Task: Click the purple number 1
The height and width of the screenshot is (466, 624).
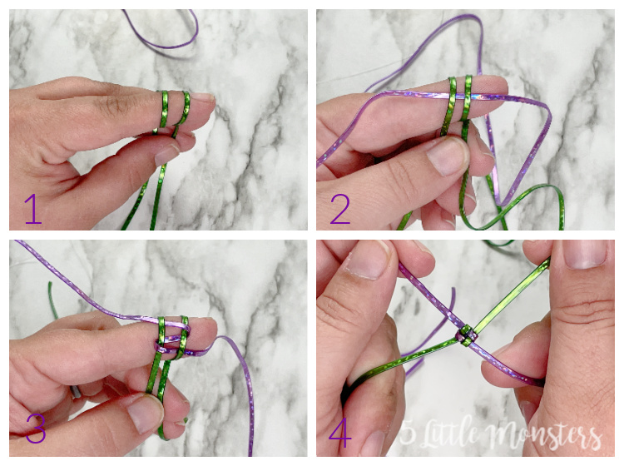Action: (32, 209)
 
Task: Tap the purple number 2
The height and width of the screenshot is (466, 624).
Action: (340, 210)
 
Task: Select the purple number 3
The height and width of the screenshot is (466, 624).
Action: (35, 430)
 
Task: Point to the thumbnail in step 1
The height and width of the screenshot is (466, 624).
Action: (167, 155)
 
